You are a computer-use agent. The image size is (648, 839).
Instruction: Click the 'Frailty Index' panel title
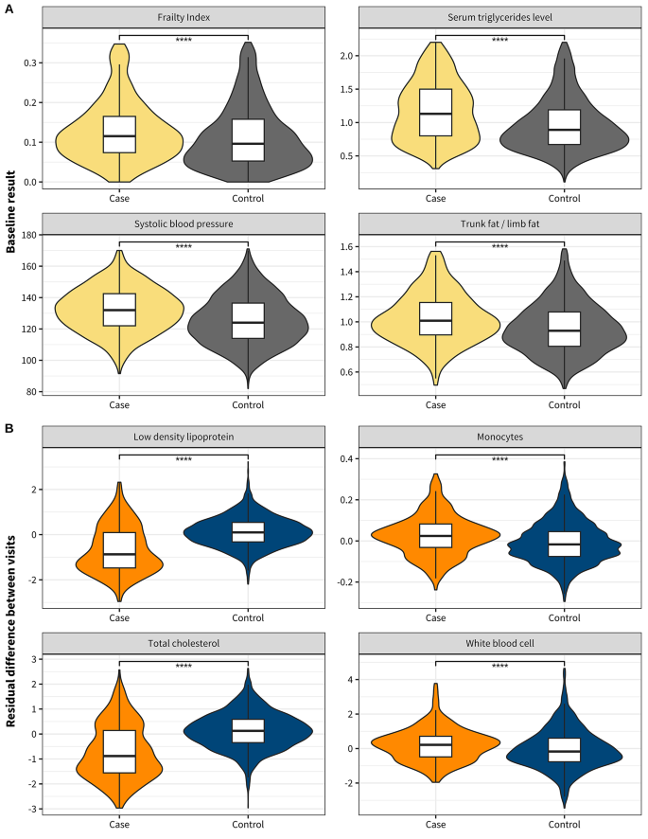pos(183,18)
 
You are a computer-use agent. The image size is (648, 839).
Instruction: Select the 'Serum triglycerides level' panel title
pos(499,18)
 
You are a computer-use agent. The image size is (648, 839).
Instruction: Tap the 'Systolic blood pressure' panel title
pos(183,224)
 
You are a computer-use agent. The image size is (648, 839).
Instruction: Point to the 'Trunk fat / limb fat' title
pos(499,224)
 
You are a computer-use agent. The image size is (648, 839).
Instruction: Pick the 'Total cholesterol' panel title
pos(183,643)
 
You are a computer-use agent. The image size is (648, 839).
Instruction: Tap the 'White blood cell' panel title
pos(499,643)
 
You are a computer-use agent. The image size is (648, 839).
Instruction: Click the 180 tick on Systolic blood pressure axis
pos(26,235)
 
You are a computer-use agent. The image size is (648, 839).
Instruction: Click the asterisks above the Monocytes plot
pos(499,461)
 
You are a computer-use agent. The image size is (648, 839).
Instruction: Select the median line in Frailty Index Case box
pos(119,136)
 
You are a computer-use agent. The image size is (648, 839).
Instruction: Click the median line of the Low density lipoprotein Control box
pos(247,532)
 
